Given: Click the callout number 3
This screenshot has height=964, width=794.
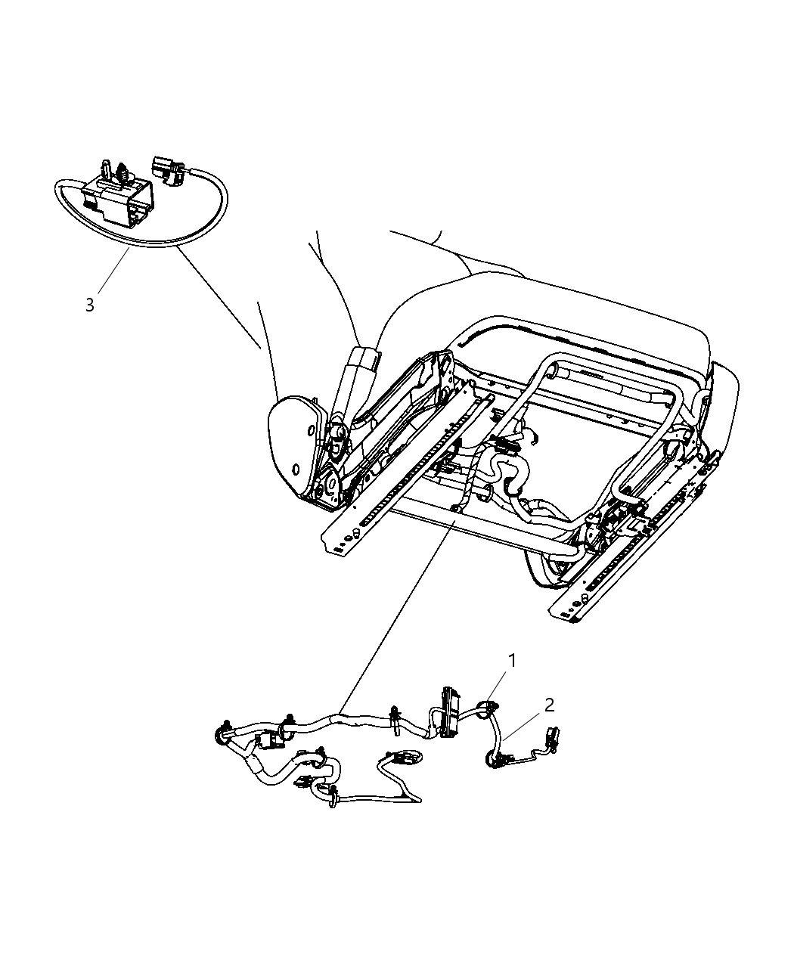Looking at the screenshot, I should pos(90,305).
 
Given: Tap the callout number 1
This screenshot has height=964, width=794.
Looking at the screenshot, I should pos(512,661).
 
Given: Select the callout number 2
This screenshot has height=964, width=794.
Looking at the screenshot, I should pos(549,705).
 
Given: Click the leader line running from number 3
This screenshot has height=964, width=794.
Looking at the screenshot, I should pos(112,275).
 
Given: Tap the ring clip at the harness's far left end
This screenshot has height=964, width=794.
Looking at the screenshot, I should pos(223,733).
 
